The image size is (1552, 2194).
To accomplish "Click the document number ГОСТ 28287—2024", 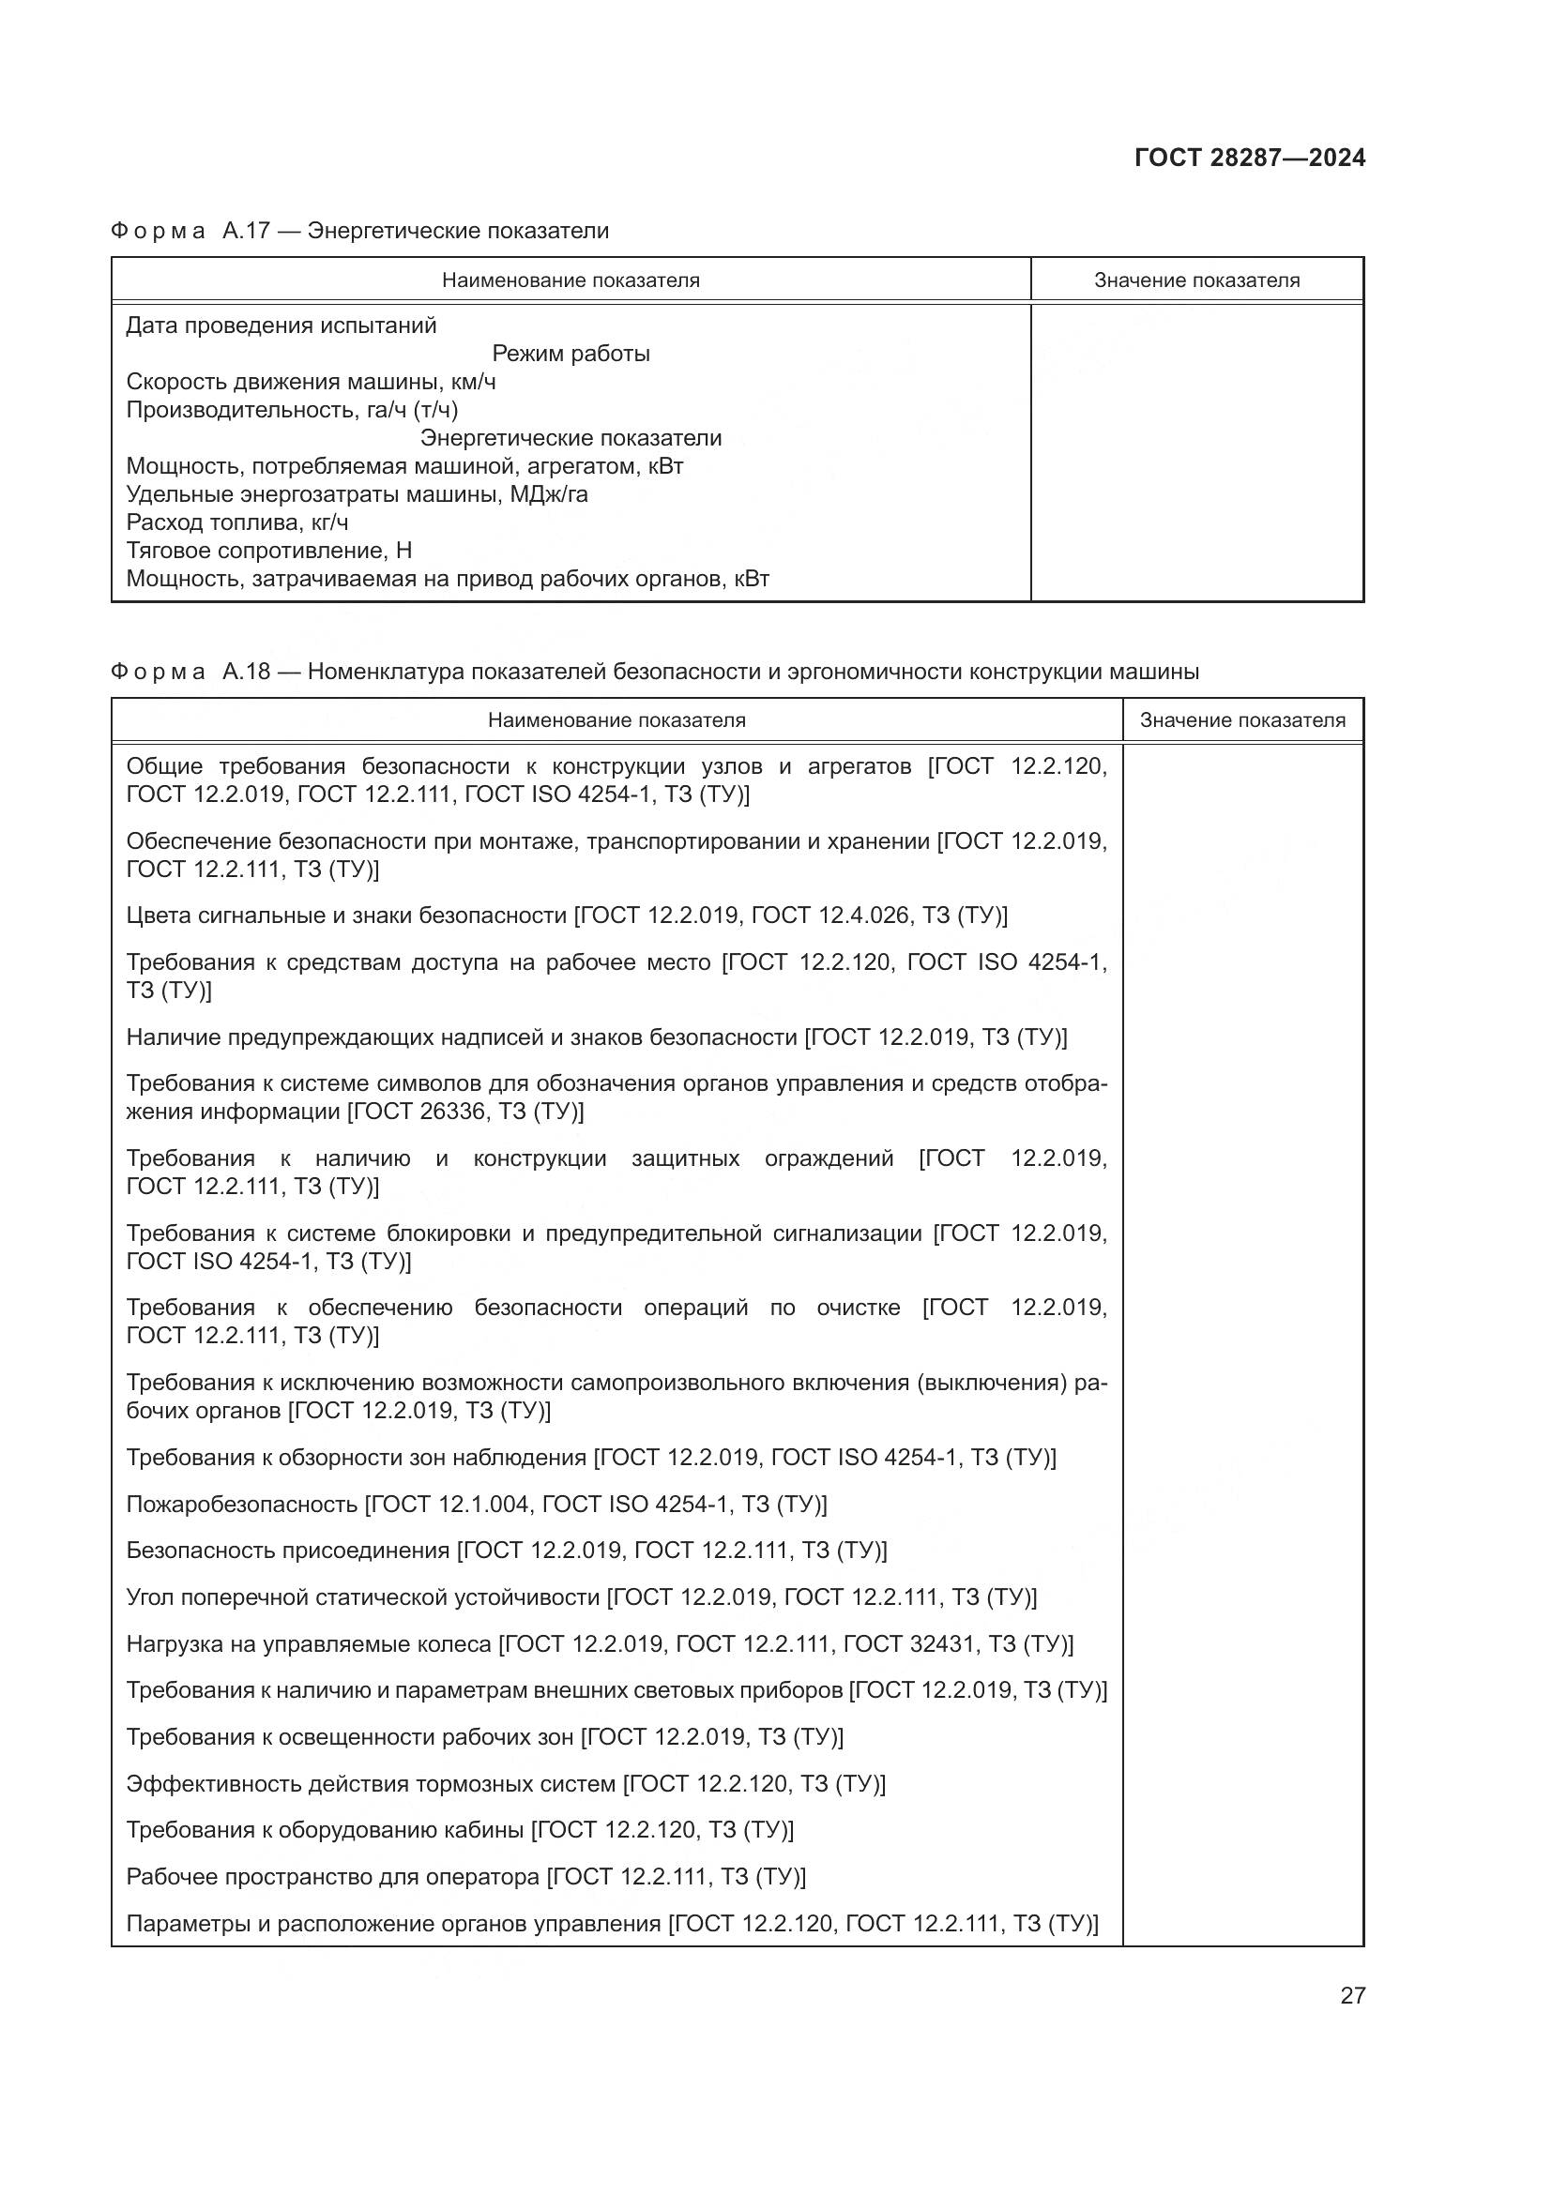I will pos(1249,158).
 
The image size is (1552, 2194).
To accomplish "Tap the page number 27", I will pos(1352,1995).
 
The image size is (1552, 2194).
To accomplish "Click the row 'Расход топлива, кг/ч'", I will pos(237,522).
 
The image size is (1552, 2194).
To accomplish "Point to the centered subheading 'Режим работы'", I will pos(571,354).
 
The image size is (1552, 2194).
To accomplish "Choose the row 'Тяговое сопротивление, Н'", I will pos(268,551).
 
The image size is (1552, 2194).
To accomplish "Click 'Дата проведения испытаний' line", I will pos(281,325).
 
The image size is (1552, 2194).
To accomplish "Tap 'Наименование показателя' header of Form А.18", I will pos(616,720).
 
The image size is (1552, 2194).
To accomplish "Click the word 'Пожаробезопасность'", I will pos(242,1504).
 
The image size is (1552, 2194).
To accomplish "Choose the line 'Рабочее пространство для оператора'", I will pos(332,1877).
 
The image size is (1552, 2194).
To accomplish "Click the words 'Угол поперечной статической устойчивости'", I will pos(362,1596).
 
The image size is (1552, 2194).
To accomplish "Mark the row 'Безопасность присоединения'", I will pos(288,1550).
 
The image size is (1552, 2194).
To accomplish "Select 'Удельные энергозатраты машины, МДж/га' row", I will pos(357,495).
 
